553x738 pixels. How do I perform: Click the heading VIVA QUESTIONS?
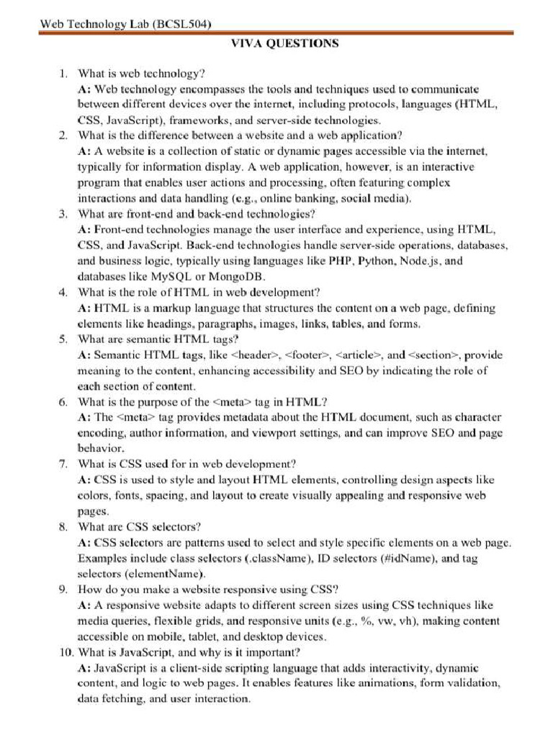pos(284,44)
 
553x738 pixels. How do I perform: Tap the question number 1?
pos(63,74)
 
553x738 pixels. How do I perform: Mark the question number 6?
pos(63,401)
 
